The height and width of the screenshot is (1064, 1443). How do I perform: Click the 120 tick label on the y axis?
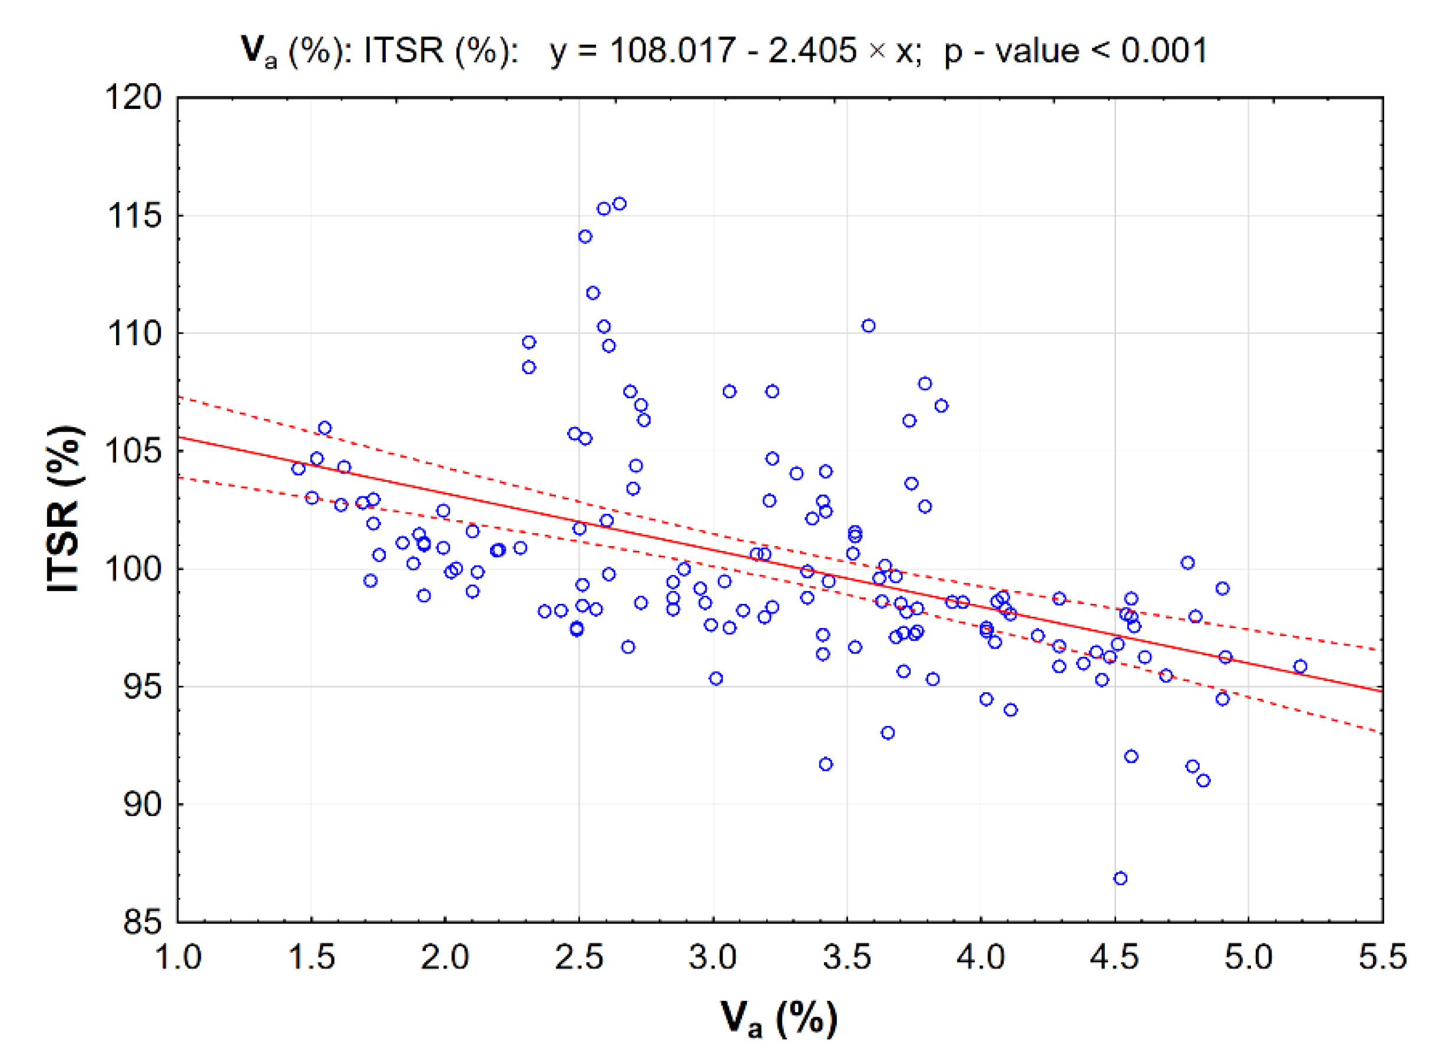pos(134,98)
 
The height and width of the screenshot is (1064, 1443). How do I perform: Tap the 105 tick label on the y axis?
pos(134,451)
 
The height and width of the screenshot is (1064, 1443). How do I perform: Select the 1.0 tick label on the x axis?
pos(178,957)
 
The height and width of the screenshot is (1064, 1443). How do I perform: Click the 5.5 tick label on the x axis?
pos(1382,957)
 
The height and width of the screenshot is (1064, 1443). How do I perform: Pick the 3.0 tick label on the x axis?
pos(713,957)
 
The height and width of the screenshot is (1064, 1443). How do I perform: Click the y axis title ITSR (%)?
pos(64,509)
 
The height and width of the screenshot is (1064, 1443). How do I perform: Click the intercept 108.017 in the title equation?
pos(672,50)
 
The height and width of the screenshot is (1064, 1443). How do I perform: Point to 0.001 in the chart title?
pos(1164,50)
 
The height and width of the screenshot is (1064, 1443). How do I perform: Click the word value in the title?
pos(1037,50)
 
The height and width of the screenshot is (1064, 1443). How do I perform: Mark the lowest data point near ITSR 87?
pos(1120,878)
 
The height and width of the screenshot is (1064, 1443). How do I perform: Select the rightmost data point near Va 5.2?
pos(1300,666)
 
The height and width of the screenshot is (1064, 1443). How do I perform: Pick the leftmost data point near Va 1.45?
pos(298,469)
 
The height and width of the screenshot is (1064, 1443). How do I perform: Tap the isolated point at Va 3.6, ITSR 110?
pos(869,326)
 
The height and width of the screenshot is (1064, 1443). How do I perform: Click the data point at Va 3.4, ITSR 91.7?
pos(826,765)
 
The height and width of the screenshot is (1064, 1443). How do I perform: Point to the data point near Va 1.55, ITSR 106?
pos(325,428)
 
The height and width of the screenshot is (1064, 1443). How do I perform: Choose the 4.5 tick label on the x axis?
pos(1114,957)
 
